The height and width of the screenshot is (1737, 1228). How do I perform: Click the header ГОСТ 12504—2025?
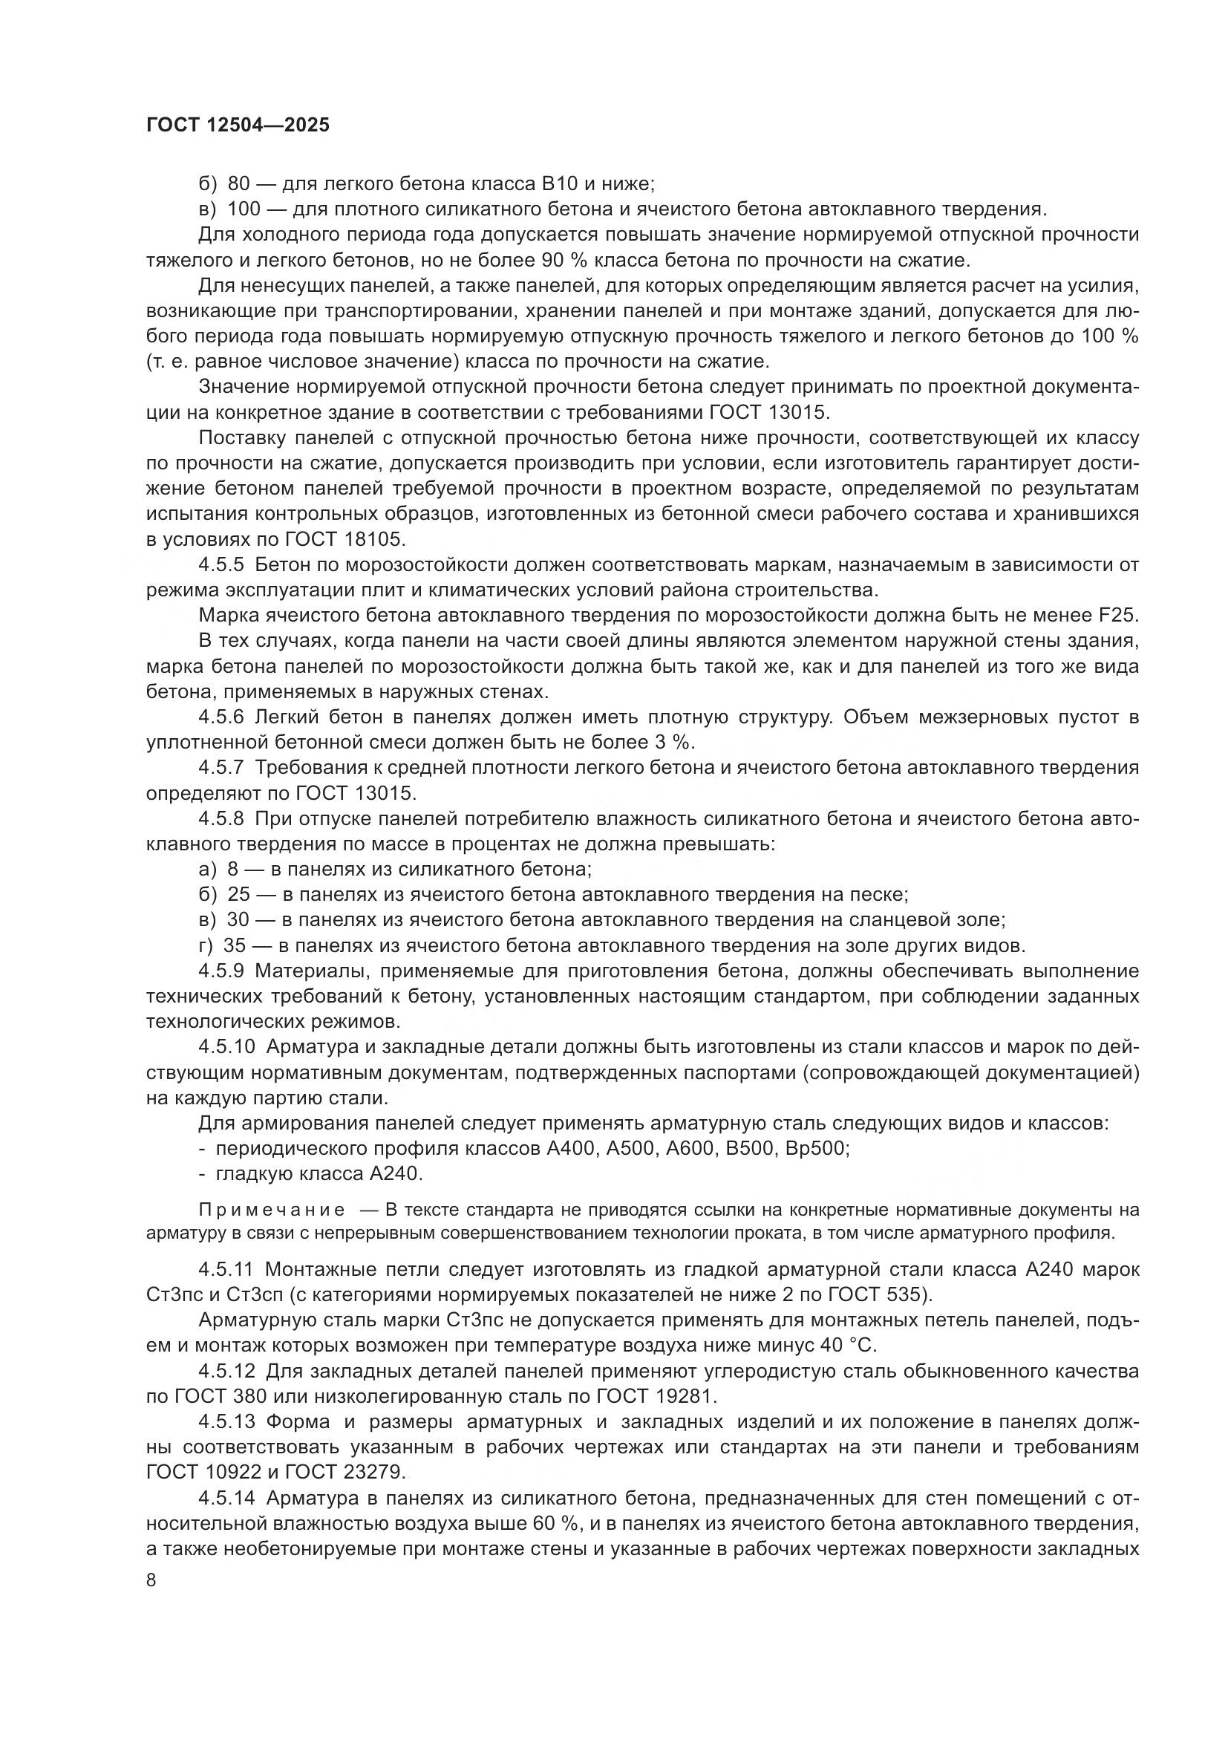pos(238,126)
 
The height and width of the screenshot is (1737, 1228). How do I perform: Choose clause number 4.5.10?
pos(228,1046)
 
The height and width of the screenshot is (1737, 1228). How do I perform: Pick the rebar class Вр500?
pos(816,1147)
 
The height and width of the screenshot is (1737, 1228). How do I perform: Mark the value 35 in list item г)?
pos(235,945)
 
